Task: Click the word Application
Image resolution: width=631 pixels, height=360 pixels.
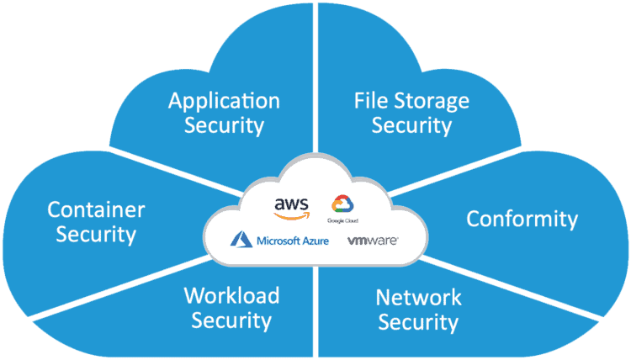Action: click(224, 102)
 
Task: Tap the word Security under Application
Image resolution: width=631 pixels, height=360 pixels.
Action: click(224, 126)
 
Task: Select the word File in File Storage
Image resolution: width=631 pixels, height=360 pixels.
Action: click(369, 102)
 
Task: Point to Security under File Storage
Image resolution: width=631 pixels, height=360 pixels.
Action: click(412, 126)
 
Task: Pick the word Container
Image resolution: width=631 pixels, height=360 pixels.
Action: click(96, 209)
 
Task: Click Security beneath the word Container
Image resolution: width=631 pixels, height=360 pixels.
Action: click(96, 234)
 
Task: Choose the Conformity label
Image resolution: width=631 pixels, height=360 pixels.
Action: click(522, 220)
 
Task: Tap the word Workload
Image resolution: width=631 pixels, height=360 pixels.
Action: click(231, 296)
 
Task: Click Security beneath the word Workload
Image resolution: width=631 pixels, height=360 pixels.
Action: click(231, 320)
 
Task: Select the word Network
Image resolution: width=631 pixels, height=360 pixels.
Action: click(418, 297)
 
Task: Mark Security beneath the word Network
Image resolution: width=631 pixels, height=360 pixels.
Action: click(418, 322)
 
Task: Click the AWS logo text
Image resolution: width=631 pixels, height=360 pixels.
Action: click(292, 204)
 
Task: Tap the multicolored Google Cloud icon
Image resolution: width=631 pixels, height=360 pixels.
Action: click(342, 204)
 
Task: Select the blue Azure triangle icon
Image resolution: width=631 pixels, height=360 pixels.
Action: click(241, 241)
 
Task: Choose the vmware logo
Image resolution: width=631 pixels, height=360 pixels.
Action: click(372, 241)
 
